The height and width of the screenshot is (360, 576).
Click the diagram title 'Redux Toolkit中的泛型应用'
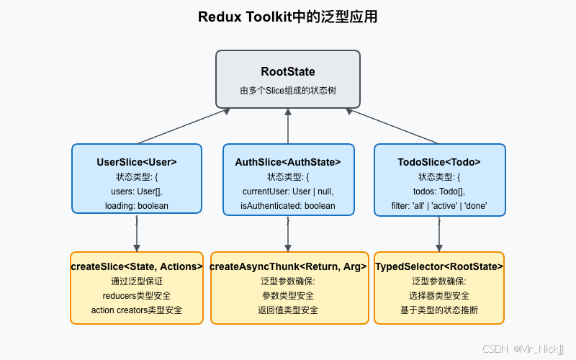pyautogui.click(x=288, y=17)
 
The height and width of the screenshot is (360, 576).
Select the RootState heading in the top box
pyautogui.click(x=288, y=72)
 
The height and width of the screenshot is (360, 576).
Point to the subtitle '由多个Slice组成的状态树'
pyautogui.click(x=288, y=91)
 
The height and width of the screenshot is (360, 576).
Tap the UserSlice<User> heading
pyautogui.click(x=137, y=162)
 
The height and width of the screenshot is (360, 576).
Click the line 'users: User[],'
pyautogui.click(x=137, y=192)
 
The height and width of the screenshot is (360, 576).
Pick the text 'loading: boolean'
pyautogui.click(x=137, y=206)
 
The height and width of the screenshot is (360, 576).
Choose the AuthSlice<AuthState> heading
pyautogui.click(x=288, y=162)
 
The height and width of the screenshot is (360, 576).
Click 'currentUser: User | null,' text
pyautogui.click(x=288, y=192)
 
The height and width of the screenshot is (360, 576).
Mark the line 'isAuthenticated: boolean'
pyautogui.click(x=288, y=206)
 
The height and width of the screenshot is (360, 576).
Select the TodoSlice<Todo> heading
pyautogui.click(x=439, y=162)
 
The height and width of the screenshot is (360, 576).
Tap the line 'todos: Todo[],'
pyautogui.click(x=439, y=192)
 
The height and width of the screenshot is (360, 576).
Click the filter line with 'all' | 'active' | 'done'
pyautogui.click(x=439, y=206)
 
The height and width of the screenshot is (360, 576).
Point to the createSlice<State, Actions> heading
pyautogui.click(x=137, y=266)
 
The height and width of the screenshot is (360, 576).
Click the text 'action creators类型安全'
pyautogui.click(x=137, y=310)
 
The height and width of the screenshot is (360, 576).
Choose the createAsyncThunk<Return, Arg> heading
pyautogui.click(x=288, y=266)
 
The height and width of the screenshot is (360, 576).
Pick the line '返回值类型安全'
pyautogui.click(x=288, y=310)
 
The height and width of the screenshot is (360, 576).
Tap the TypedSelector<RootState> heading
pyautogui.click(x=439, y=266)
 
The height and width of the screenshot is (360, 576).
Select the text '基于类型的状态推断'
pyautogui.click(x=439, y=310)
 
